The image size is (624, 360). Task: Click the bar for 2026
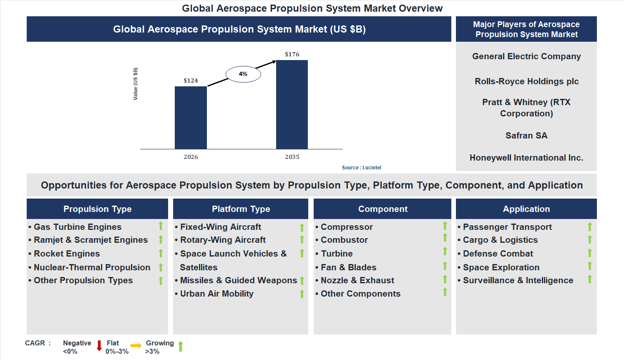[191, 118]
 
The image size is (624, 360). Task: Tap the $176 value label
[292, 54]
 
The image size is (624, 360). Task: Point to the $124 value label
[191, 81]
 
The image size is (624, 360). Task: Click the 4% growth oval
[243, 74]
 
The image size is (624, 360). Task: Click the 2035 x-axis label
[292, 157]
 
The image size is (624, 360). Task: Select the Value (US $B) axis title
[135, 84]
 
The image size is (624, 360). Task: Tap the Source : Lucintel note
[361, 168]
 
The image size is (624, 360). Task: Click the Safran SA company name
[526, 136]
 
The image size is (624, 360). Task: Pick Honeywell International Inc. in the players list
[526, 158]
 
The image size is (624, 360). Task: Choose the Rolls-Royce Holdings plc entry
[526, 81]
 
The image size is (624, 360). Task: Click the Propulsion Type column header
[97, 209]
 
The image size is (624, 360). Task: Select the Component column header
[382, 209]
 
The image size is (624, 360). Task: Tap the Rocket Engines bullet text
[67, 254]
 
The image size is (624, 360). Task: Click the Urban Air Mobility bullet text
[216, 294]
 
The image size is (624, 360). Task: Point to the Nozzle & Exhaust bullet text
[357, 280]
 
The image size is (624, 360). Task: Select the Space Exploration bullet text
[501, 267]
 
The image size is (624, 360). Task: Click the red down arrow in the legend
[99, 346]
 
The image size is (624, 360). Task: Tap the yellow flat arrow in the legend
[136, 346]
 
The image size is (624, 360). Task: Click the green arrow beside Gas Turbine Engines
[161, 226]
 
